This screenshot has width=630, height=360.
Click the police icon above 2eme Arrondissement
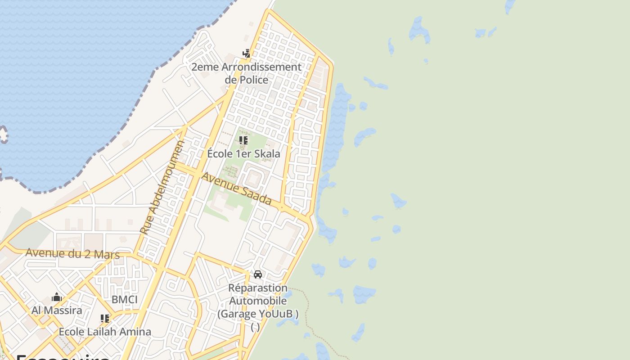[246, 54]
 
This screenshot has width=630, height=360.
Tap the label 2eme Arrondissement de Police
[246, 73]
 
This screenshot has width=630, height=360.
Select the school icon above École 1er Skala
[243, 140]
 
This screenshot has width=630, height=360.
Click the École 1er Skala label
[243, 153]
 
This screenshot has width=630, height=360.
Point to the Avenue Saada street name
[236, 189]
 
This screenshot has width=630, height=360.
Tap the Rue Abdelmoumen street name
[162, 187]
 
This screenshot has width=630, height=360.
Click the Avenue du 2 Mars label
[72, 253]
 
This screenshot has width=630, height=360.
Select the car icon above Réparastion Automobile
[258, 274]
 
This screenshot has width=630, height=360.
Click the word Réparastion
[258, 288]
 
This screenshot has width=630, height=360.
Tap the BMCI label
[125, 300]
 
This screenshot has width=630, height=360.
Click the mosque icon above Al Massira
[57, 297]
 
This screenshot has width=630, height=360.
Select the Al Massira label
[57, 310]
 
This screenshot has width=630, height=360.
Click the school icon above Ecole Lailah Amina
[105, 319]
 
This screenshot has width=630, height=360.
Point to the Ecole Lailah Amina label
[105, 332]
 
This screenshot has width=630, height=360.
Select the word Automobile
[258, 301]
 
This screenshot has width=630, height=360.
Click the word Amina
[136, 332]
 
